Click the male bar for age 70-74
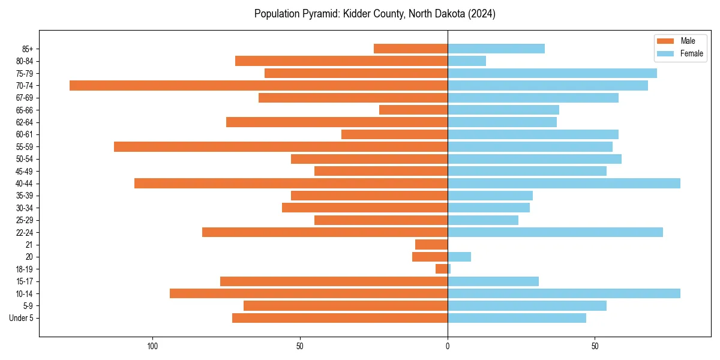click(259, 85)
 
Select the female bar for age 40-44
click(564, 183)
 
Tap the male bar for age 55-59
click(281, 146)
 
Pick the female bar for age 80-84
click(467, 61)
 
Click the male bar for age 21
click(431, 244)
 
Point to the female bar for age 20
click(460, 257)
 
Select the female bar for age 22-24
click(555, 232)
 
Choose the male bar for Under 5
click(340, 318)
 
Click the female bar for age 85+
click(496, 49)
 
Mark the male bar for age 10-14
click(308, 293)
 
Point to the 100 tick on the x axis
click(152, 346)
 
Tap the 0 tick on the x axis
click(448, 346)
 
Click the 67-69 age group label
click(25, 98)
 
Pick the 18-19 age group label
click(25, 269)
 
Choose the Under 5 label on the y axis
click(22, 318)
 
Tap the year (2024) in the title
click(480, 14)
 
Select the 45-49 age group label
click(25, 171)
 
